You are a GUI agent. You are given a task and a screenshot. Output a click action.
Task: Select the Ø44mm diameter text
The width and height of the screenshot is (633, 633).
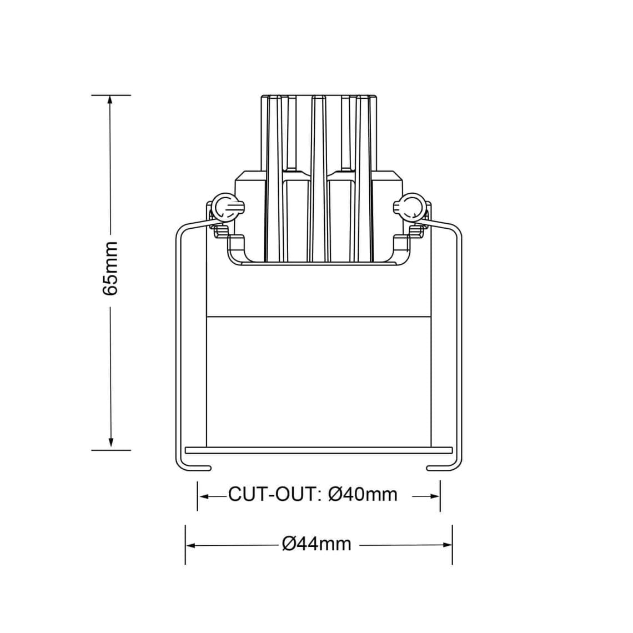[x=317, y=544]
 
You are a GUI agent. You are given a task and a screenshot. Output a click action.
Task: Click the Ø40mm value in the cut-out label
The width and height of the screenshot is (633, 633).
[x=363, y=494]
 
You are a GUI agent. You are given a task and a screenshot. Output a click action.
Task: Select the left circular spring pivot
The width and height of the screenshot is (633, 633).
[x=225, y=206]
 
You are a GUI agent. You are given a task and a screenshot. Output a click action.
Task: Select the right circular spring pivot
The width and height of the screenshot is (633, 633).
[x=412, y=206]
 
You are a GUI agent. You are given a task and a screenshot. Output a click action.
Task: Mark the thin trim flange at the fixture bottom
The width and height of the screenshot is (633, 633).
[x=319, y=448]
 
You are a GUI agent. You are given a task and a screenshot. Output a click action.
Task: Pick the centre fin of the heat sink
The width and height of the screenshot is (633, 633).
[x=318, y=178]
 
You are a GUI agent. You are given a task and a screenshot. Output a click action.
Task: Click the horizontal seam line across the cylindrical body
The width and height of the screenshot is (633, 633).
[x=319, y=317]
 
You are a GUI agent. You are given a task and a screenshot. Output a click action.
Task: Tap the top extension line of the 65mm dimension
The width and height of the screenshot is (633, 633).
[x=111, y=95]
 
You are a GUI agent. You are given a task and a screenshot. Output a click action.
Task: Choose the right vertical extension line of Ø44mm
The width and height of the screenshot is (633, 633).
[x=452, y=544]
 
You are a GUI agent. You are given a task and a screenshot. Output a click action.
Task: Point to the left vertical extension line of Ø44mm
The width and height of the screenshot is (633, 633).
[x=185, y=544]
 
